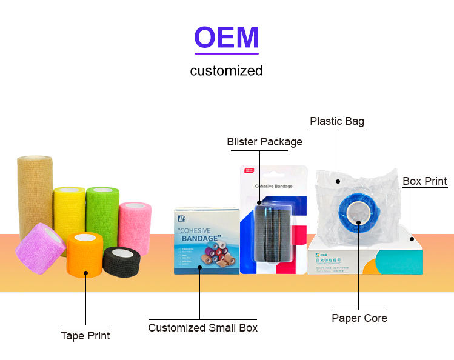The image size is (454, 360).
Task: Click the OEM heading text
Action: point(226,38)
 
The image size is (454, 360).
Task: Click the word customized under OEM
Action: point(226,71)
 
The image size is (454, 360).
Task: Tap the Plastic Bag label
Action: point(337,121)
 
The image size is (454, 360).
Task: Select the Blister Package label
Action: point(264,142)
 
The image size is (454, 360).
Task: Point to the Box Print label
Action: point(425,181)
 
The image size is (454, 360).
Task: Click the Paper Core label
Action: point(359,318)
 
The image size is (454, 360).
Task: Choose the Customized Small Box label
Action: point(203,328)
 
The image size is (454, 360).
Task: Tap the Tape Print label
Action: point(85,335)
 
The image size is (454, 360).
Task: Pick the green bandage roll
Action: point(102,209)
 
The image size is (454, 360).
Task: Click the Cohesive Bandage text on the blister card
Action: point(274,187)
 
